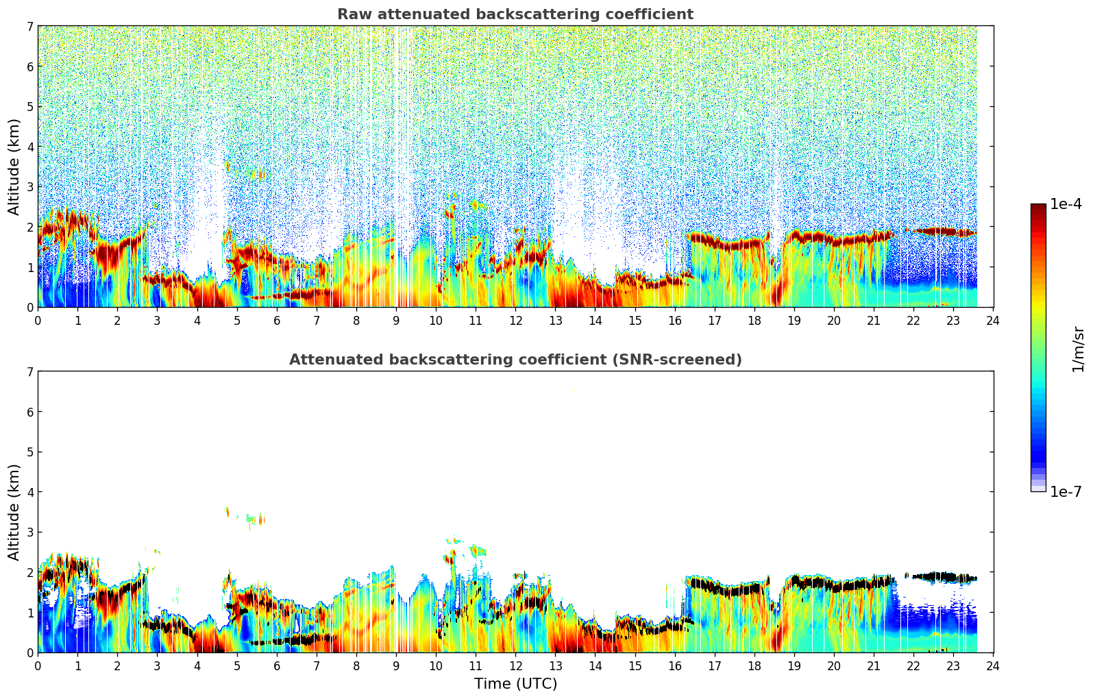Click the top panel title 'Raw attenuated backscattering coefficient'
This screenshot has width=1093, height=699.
[515, 14]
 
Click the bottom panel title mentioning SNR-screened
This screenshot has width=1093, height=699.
[515, 360]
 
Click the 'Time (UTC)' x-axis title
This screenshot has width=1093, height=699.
[515, 683]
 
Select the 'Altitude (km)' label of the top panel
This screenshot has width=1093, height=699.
[14, 167]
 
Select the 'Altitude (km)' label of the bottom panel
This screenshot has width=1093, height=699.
[14, 512]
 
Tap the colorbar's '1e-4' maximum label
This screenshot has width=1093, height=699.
[1066, 204]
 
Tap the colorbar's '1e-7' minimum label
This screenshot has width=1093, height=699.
[1066, 491]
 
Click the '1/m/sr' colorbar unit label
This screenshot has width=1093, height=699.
[1078, 349]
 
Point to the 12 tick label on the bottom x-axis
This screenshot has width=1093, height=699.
[515, 666]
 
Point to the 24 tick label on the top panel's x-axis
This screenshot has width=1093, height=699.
[993, 321]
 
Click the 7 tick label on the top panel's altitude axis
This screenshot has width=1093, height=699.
[29, 27]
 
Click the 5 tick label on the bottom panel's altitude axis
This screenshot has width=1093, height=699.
[29, 452]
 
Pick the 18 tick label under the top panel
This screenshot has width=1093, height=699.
[754, 321]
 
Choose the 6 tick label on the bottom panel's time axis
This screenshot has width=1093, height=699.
[277, 666]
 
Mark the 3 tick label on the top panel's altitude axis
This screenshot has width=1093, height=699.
[29, 187]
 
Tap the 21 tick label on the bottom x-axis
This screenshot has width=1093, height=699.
[874, 666]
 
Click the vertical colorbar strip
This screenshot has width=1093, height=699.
[1037, 347]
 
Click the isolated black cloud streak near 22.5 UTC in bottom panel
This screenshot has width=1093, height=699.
[939, 576]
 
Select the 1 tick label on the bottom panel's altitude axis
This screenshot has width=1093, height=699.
[29, 613]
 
